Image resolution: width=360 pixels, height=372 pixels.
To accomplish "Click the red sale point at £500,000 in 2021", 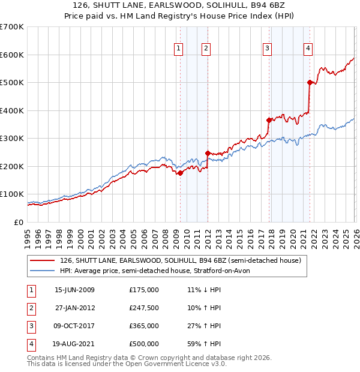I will click(310, 83).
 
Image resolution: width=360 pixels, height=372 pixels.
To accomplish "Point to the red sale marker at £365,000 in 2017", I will click(269, 120).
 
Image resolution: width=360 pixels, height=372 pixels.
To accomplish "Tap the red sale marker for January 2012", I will click(208, 153).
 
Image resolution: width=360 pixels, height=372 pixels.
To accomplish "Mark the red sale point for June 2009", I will click(180, 173).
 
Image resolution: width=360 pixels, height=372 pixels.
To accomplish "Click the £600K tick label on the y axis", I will click(12, 55).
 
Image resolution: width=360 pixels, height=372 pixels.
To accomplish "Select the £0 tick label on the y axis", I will click(19, 222).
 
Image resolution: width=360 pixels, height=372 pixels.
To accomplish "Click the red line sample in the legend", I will click(42, 260).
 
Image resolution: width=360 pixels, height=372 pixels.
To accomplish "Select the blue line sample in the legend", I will click(42, 271).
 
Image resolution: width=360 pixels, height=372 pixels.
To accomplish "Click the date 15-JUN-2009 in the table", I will click(74, 290).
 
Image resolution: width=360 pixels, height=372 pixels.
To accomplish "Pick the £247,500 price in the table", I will click(144, 308).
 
